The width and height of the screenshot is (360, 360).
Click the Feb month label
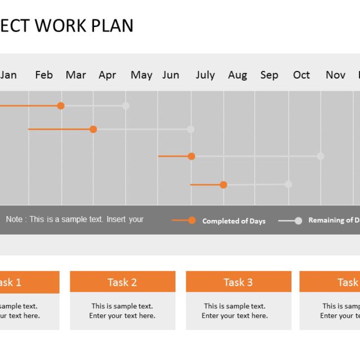44,75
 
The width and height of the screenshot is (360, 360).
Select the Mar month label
76,75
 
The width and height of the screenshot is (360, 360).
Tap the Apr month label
107,75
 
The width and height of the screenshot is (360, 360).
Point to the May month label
142,75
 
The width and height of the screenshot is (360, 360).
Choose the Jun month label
171,75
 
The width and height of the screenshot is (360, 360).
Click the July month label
205,75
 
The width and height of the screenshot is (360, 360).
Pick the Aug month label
237,75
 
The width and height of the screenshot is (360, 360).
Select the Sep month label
269,75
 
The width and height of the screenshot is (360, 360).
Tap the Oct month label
301,75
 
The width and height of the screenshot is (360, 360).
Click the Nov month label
336,75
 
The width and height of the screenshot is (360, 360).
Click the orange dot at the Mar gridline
61,106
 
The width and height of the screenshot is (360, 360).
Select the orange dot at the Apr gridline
93,129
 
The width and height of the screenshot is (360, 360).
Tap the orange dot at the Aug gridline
223,184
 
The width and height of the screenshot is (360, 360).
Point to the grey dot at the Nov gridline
321,156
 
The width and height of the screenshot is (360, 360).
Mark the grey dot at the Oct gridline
289,184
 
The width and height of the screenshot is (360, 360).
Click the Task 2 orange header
123,282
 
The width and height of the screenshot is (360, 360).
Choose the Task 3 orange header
238,282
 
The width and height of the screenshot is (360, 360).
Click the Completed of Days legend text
234,221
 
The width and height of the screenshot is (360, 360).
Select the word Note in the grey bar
14,219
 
